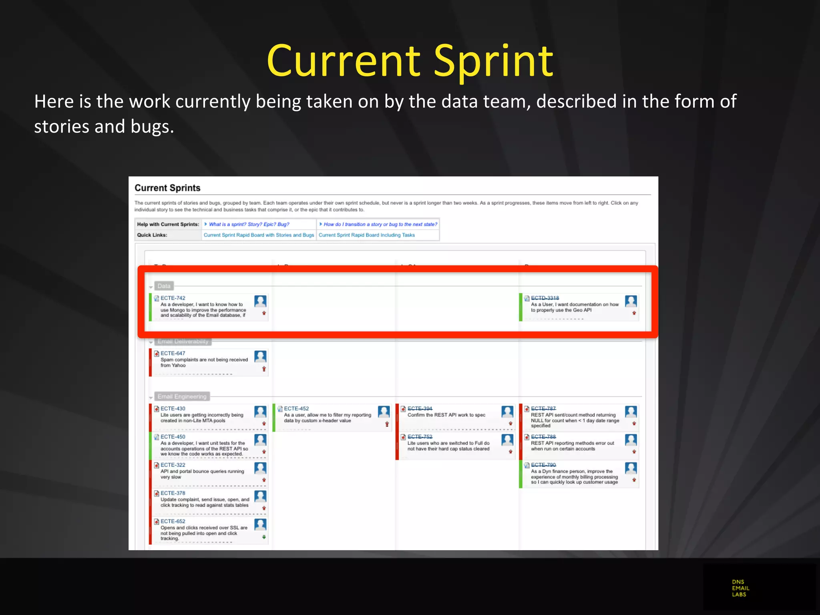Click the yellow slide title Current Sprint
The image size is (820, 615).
click(410, 61)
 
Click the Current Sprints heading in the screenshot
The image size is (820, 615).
click(167, 188)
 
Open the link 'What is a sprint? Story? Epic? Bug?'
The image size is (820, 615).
click(249, 224)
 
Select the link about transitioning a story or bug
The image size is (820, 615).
click(380, 224)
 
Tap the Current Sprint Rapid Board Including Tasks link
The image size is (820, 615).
click(366, 235)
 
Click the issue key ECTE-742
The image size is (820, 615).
click(173, 298)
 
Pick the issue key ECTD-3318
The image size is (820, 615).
click(545, 298)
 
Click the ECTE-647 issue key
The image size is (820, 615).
click(173, 353)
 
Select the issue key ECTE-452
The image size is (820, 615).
click(296, 408)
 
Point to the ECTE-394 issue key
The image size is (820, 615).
click(420, 408)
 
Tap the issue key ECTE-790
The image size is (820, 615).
click(543, 465)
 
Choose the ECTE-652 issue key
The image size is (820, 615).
click(173, 521)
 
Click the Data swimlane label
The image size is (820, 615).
click(164, 286)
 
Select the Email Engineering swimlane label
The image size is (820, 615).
click(182, 396)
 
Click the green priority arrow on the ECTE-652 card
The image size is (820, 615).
click(264, 537)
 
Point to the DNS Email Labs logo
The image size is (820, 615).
click(740, 588)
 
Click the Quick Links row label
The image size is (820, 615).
click(152, 235)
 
